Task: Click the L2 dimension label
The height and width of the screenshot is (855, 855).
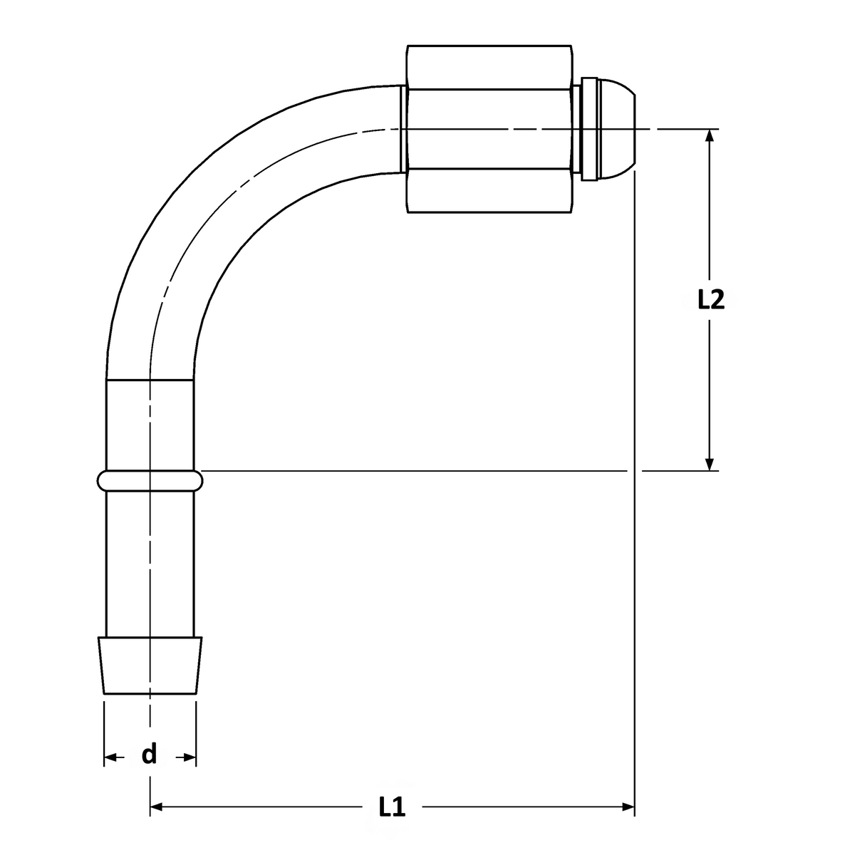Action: click(x=711, y=299)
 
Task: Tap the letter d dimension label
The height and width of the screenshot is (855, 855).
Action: click(x=149, y=754)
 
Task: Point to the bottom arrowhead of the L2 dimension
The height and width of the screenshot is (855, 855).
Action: click(x=710, y=464)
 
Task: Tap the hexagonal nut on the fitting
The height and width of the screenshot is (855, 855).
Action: click(x=489, y=129)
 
